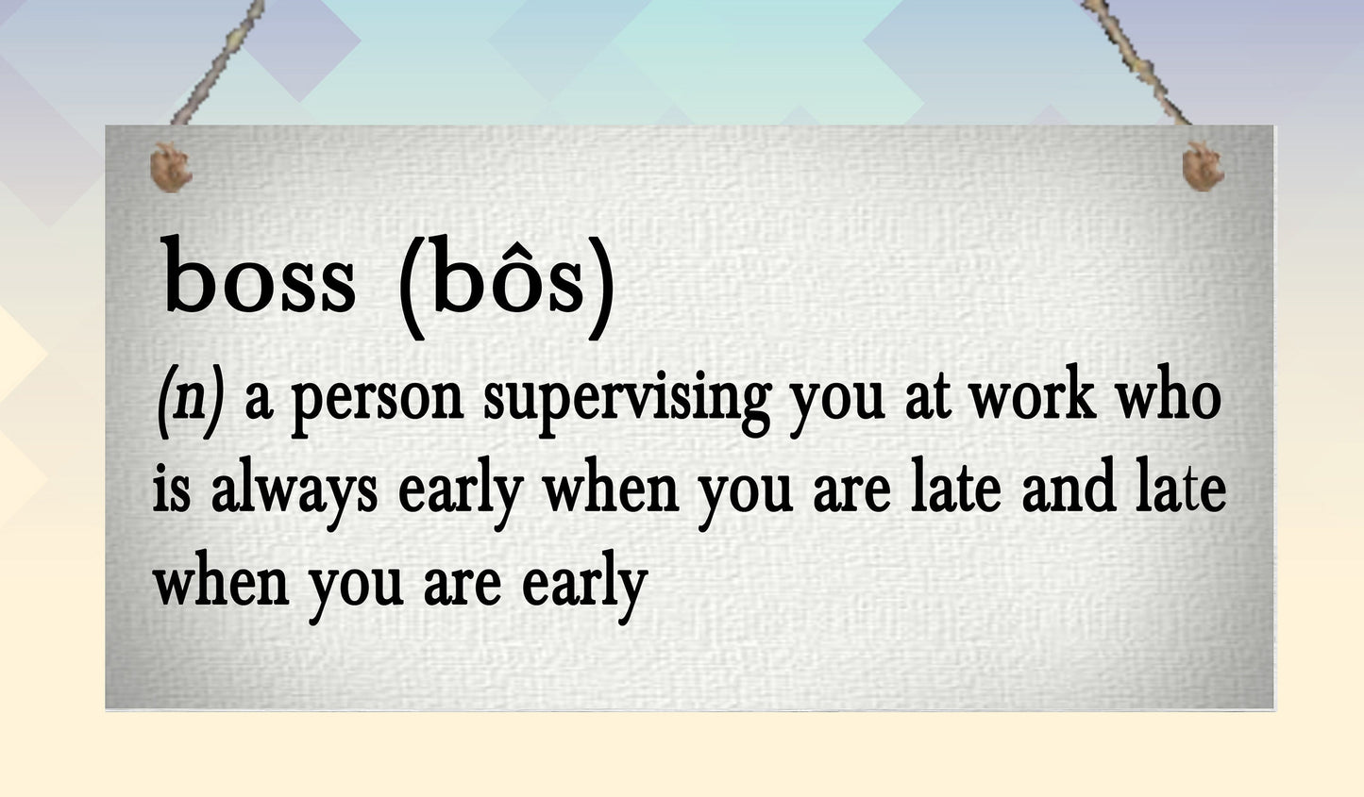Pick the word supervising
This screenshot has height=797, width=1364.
click(627, 401)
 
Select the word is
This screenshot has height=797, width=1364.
click(171, 490)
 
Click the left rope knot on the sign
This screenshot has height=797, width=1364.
click(171, 168)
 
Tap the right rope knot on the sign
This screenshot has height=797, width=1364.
click(1203, 166)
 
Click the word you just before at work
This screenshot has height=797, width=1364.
click(837, 401)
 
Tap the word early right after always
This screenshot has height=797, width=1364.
click(461, 492)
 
